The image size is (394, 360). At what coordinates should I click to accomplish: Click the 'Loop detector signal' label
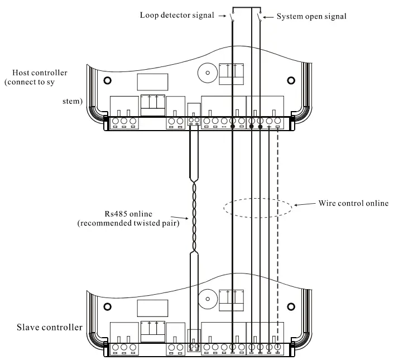(177, 15)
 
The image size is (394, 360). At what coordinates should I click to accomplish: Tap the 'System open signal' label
(311, 16)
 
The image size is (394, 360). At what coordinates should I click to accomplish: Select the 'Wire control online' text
(354, 203)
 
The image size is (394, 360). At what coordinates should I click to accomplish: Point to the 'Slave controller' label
(50, 327)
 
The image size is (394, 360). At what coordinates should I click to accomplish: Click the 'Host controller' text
(40, 73)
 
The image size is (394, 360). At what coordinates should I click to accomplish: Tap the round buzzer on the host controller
(208, 73)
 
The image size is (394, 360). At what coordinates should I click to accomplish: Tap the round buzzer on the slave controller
(208, 299)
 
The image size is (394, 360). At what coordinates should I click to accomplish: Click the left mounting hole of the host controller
(107, 80)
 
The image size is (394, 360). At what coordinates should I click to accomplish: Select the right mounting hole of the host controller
(291, 80)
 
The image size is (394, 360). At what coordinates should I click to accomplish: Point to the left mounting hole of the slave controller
(107, 306)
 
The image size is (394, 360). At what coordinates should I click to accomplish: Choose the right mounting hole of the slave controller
(291, 306)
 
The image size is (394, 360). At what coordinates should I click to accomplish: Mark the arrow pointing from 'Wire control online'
(305, 204)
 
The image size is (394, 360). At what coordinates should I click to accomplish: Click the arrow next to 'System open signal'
(268, 17)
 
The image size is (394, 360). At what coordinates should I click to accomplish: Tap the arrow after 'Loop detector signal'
(222, 16)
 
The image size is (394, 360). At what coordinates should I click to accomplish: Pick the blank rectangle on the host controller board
(152, 82)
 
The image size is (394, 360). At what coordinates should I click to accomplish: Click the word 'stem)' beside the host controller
(73, 101)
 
